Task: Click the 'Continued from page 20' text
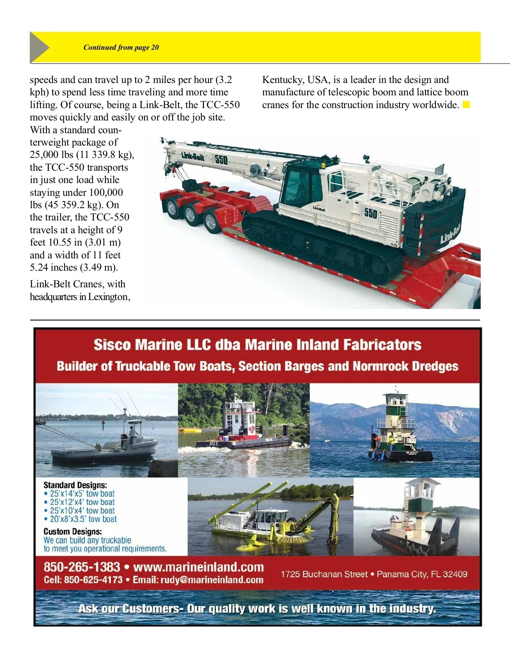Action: click(121, 47)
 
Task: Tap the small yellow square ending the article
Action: click(466, 105)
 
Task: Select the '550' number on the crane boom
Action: click(221, 160)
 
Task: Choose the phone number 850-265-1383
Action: click(82, 567)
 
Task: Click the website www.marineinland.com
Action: click(198, 567)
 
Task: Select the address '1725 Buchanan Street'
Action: click(324, 574)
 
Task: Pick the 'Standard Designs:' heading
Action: click(75, 485)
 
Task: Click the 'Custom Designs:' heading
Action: click(72, 531)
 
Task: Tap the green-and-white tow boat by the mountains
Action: click(397, 434)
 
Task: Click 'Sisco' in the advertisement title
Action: click(112, 344)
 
